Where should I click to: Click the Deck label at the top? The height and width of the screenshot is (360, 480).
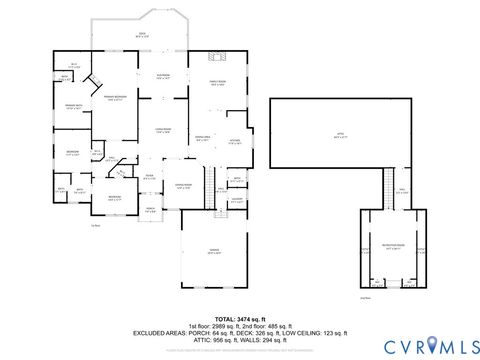coord(141,35)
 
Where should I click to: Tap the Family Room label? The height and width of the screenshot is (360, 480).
coord(217,84)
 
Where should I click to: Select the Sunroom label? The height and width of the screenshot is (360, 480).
coord(162,77)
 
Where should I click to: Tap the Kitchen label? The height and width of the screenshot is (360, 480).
coord(233,141)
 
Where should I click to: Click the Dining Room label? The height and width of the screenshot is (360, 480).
coord(183,186)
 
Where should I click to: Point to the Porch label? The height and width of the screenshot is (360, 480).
coord(150,210)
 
